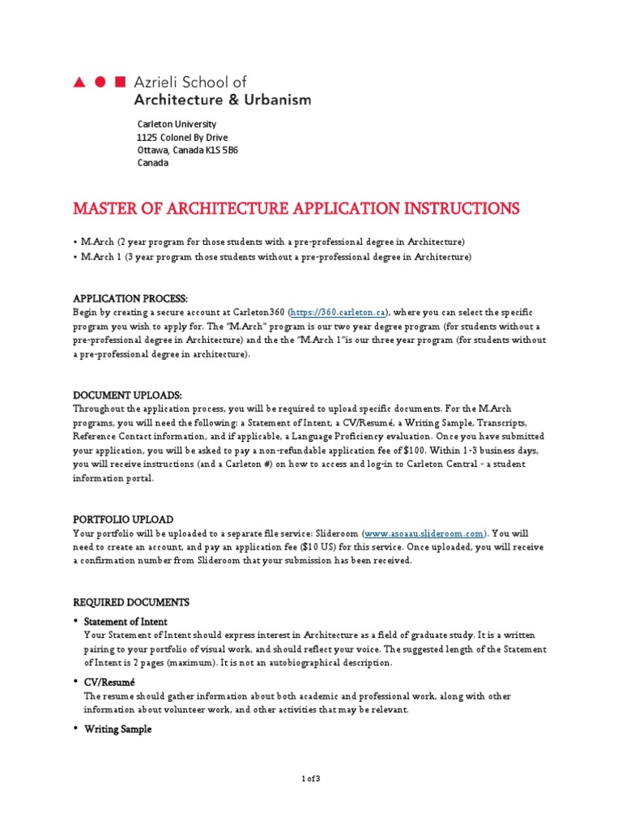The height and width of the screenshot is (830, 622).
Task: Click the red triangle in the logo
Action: tap(79, 83)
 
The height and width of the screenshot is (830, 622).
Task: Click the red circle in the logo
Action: tap(100, 83)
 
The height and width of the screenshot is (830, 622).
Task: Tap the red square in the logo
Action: tap(121, 83)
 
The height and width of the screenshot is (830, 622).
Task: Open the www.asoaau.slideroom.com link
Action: tap(424, 533)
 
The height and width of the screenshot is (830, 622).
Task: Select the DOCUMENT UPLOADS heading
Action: tap(121, 395)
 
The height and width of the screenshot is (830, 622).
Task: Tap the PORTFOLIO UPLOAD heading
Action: tap(123, 519)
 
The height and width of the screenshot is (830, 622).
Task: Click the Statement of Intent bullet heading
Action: tap(126, 622)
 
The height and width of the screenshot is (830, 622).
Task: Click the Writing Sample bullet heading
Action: tap(117, 729)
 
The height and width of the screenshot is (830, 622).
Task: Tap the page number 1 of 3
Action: tap(310, 779)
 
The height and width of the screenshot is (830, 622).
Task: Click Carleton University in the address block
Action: tap(177, 124)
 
